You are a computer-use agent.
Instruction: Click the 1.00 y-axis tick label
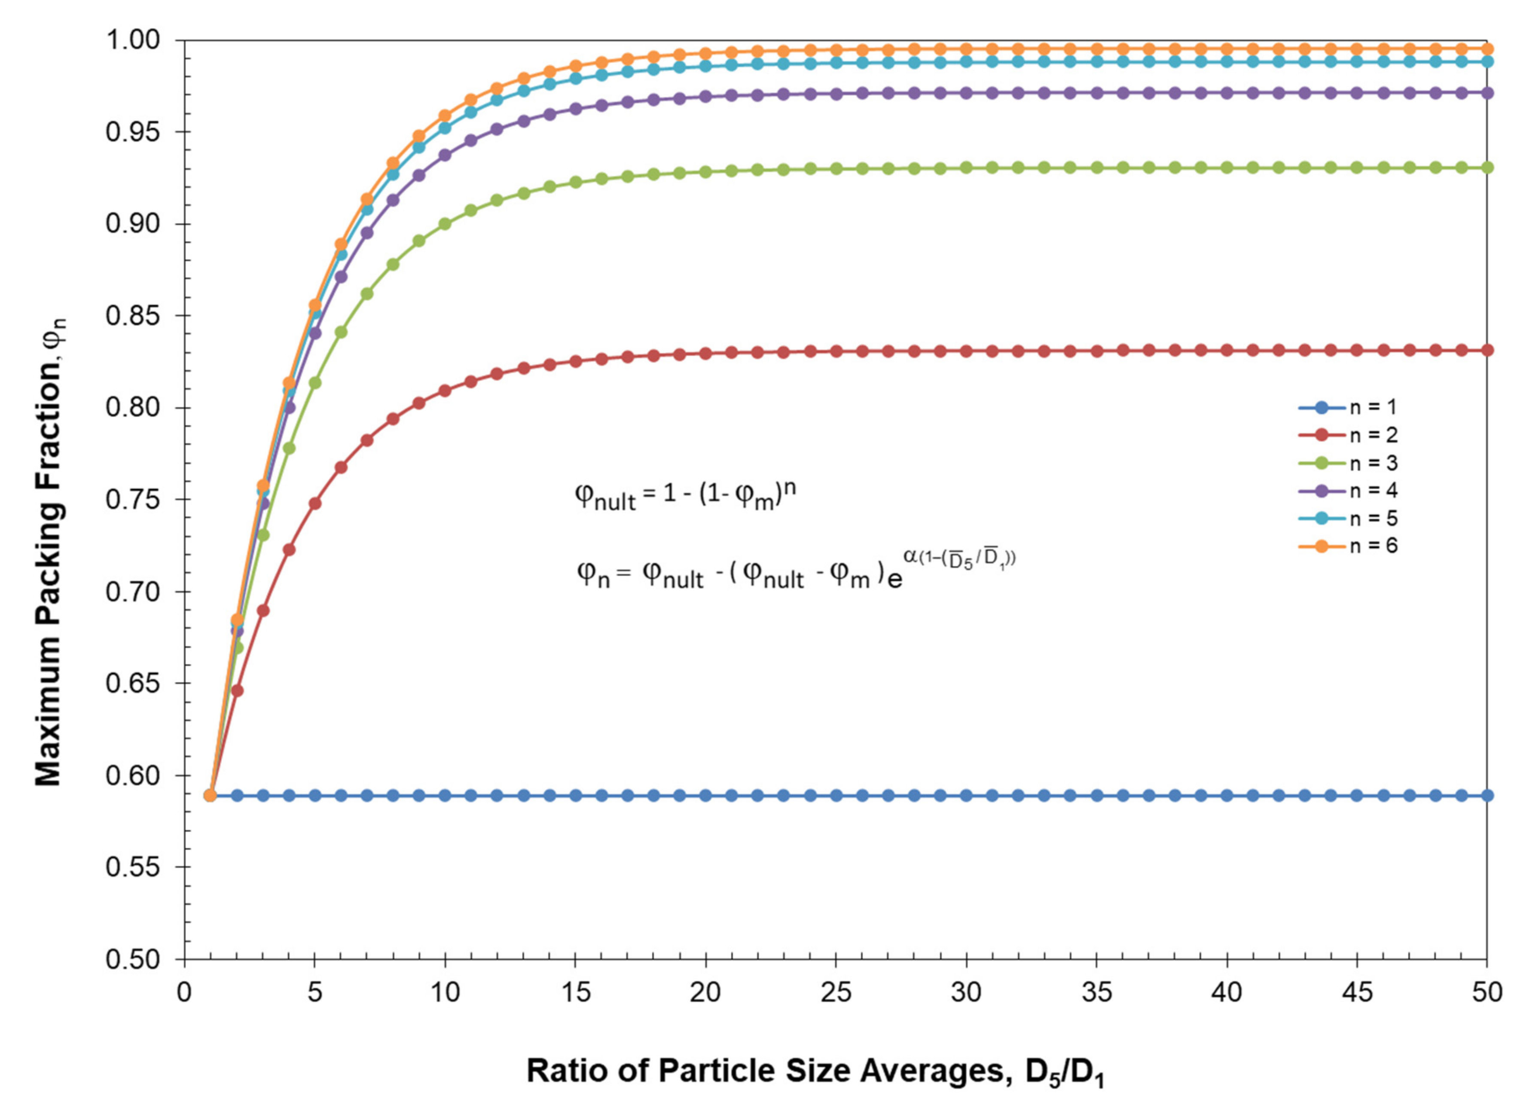coord(133,40)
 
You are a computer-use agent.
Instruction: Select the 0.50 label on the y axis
coord(133,959)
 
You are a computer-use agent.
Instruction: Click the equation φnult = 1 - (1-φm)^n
coord(685,496)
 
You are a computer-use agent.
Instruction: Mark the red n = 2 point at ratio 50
coord(1487,350)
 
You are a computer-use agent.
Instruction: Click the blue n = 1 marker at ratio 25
coord(836,795)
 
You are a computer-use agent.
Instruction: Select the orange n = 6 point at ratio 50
coord(1487,49)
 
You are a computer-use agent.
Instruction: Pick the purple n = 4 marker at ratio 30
coord(966,94)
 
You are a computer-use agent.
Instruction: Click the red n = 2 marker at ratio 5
coord(315,504)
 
